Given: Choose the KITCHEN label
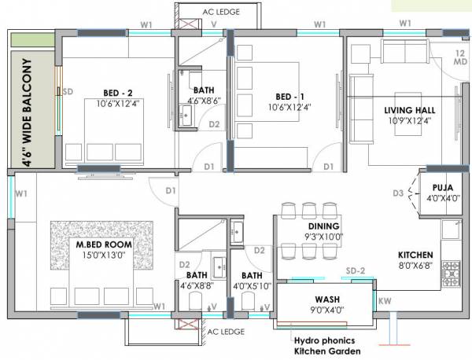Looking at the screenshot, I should pos(415,255).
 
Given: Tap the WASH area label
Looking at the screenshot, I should pos(326,299).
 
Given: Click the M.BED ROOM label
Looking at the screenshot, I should pos(102,244).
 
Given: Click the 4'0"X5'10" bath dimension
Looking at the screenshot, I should pos(252,286).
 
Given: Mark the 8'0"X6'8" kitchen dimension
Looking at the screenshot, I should pos(415,265).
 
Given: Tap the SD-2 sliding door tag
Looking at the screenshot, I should pos(356,272).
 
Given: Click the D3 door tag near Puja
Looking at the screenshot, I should pos(398,193).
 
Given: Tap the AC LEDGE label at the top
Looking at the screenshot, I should pos(219,11).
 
